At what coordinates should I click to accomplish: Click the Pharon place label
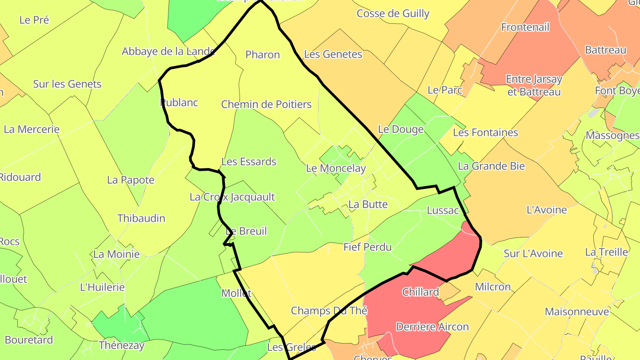[x=263, y=55]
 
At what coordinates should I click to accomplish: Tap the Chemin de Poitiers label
[x=266, y=104]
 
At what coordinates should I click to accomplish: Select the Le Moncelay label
[x=336, y=168]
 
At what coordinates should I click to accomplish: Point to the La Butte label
[x=368, y=204]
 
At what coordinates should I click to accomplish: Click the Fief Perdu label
[x=368, y=247]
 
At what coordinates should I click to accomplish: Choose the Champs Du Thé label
[x=329, y=311]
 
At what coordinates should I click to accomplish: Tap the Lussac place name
[x=443, y=210]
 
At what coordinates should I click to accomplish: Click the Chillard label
[x=420, y=292]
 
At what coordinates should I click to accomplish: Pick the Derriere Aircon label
[x=432, y=327]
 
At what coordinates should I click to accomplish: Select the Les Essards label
[x=249, y=162]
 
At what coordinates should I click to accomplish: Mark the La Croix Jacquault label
[x=232, y=197]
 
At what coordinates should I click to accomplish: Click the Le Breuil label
[x=246, y=231]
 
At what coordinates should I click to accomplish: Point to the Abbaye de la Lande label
[x=169, y=52]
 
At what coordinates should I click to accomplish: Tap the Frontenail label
[x=525, y=27]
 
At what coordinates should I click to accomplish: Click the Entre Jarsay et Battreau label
[x=534, y=86]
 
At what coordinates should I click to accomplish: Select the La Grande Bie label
[x=491, y=166]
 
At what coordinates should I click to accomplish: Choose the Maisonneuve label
[x=577, y=312]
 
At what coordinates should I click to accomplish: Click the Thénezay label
[x=122, y=345]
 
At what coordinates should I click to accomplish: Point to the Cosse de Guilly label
[x=393, y=13]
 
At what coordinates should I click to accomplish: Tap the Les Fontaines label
[x=485, y=132]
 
